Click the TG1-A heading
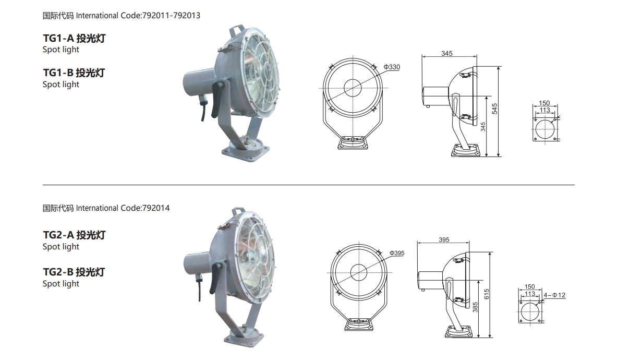pos(74,38)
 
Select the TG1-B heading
pos(74,73)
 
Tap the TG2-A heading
pos(74,235)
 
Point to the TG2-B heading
pos(74,272)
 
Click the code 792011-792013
pos(171,16)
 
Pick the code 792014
pos(156,208)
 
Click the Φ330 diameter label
pos(392,67)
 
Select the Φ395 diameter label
pos(397,253)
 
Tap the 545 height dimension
pos(494,109)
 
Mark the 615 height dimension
pos(487,294)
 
